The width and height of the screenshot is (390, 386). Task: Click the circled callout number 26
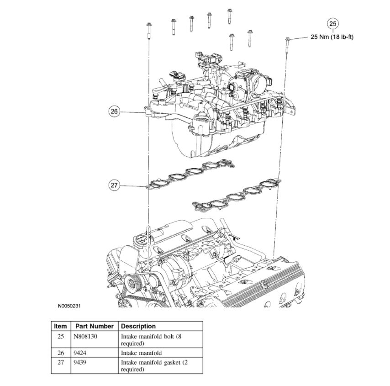pos(114,111)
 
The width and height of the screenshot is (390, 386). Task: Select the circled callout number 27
pos(114,185)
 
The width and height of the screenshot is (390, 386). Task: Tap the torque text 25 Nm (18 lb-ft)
pos(332,37)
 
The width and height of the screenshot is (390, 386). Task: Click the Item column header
pos(60,326)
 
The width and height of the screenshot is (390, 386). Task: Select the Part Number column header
pos(95,326)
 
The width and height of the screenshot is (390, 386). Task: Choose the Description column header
pos(138,326)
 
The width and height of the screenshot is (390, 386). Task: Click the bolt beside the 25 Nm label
pos(287,46)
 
